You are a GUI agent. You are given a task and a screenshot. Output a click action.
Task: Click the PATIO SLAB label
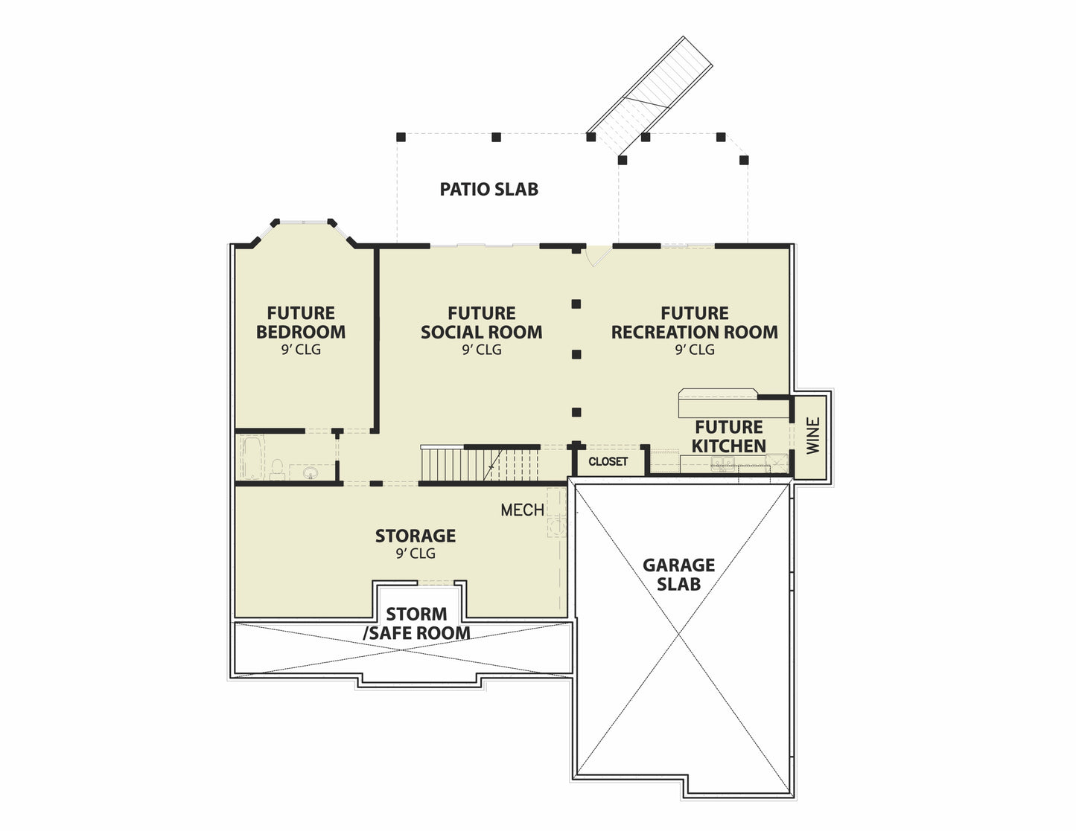[x=488, y=189]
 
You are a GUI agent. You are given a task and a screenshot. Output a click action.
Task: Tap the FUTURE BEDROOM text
[x=301, y=322]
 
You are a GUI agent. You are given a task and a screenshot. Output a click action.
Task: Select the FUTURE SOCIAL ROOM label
[x=481, y=322]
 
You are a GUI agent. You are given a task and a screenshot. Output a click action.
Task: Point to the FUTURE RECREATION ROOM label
[x=694, y=322]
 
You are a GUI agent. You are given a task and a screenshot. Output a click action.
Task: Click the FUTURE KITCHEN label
[x=728, y=436]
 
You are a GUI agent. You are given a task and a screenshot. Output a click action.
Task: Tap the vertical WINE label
[x=813, y=436]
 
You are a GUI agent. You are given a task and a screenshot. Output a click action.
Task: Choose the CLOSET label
[x=608, y=461]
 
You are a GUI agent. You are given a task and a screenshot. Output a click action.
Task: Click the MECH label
[x=523, y=510]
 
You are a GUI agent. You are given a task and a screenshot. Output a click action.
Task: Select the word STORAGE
[x=416, y=536]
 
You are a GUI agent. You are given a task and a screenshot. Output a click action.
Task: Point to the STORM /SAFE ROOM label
[x=416, y=623]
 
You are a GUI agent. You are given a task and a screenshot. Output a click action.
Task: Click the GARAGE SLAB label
[x=678, y=574]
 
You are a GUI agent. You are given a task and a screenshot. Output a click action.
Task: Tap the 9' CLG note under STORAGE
[x=416, y=554]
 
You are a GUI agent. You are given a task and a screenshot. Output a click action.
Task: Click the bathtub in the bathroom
[x=252, y=458]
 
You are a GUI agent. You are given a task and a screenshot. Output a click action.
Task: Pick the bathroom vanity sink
[x=311, y=472]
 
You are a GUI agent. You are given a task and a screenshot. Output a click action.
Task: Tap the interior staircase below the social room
[x=480, y=463]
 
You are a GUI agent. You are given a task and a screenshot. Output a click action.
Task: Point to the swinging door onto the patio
[x=598, y=256]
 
